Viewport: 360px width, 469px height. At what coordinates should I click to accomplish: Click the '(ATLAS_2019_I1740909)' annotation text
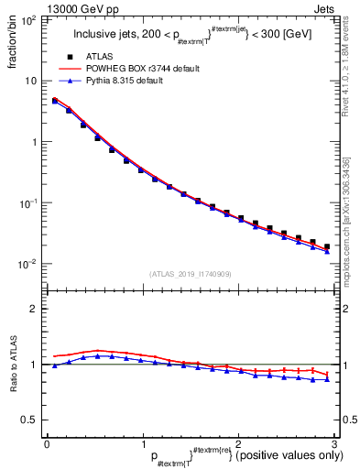[189, 274]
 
